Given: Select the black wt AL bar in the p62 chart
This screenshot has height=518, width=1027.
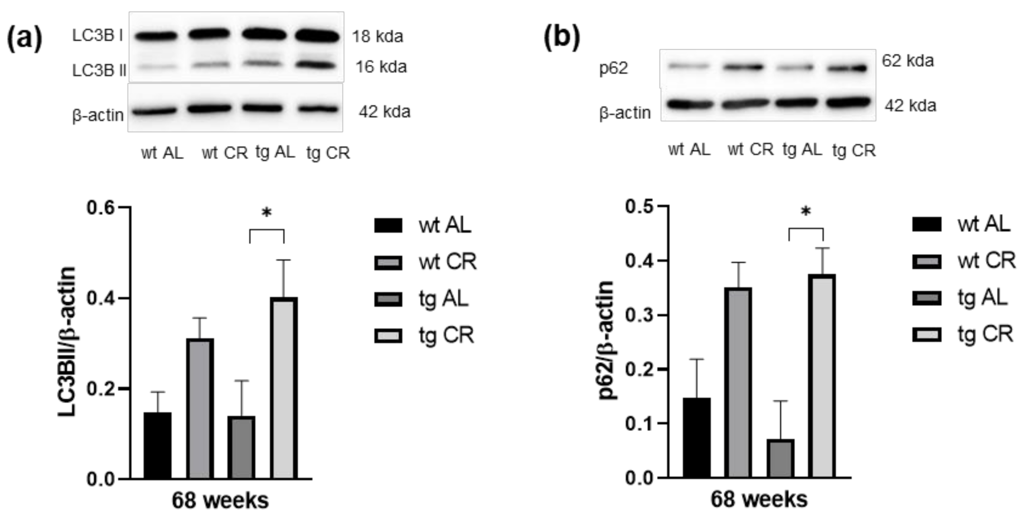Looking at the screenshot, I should [x=696, y=438].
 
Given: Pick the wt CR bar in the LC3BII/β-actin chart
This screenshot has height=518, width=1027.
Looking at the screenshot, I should [x=200, y=408].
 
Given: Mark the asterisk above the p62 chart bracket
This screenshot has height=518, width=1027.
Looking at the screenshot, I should [x=806, y=212].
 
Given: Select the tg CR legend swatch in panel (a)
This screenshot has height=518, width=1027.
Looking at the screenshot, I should [x=388, y=335].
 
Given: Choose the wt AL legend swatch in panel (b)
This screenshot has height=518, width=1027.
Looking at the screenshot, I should [x=926, y=224].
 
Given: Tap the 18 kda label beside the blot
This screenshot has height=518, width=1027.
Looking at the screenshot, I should [x=377, y=37].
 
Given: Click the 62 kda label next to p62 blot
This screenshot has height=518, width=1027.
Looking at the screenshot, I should [x=907, y=61].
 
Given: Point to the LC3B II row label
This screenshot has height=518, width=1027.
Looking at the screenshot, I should [x=99, y=70].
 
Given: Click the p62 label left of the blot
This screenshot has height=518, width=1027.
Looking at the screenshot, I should [x=614, y=68].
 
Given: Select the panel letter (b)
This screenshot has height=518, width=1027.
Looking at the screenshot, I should [x=562, y=38].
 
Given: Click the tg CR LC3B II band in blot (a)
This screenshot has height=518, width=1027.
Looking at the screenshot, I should [x=317, y=65].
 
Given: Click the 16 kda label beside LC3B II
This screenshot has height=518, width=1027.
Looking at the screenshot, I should [x=381, y=67].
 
